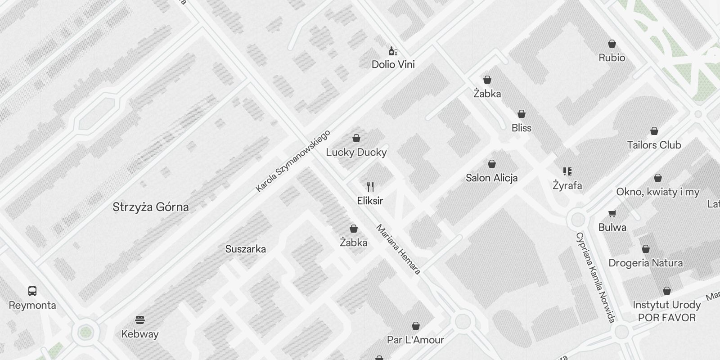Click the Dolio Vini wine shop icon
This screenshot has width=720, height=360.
coord(393,51)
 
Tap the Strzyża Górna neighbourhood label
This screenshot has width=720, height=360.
coord(150,207)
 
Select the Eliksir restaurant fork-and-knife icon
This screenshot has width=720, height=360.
coord(370,186)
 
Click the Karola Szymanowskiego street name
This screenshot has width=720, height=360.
coord(293,161)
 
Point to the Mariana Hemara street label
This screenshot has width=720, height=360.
coord(398,249)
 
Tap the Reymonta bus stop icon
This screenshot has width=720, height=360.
coord(32,291)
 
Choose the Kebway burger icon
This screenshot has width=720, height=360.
coord(140,320)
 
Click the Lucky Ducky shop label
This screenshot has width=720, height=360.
coord(356,152)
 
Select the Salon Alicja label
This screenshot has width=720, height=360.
coord(491,178)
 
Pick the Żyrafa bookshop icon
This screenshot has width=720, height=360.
coord(567,171)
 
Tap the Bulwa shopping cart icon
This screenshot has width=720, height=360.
coord(612,213)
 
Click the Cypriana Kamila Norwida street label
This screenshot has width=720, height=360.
coord(595,277)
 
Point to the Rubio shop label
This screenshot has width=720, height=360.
coord(612,58)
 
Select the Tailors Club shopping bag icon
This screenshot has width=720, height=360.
coord(654,131)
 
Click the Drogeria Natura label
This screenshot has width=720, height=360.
coord(645,263)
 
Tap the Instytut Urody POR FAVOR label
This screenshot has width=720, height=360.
coord(666,311)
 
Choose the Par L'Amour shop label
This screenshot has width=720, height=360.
coord(415,340)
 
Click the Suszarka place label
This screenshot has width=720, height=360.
coord(245,249)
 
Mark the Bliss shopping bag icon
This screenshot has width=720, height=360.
coord(522,114)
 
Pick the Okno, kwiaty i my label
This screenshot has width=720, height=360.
coord(657,192)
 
